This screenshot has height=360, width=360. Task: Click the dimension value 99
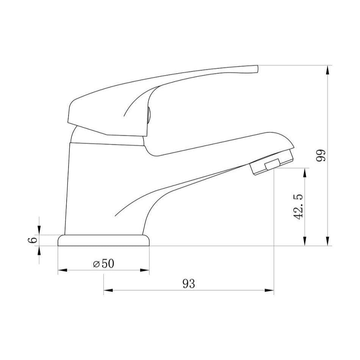click(x=321, y=155)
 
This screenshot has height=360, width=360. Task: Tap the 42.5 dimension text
click(x=298, y=207)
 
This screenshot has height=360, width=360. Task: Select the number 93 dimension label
click(x=189, y=284)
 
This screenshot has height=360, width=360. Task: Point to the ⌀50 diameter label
click(x=103, y=264)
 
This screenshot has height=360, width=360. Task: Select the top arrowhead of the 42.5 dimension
click(x=305, y=172)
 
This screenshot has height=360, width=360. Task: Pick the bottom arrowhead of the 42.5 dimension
click(x=305, y=241)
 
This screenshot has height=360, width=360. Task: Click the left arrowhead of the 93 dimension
click(x=108, y=290)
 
